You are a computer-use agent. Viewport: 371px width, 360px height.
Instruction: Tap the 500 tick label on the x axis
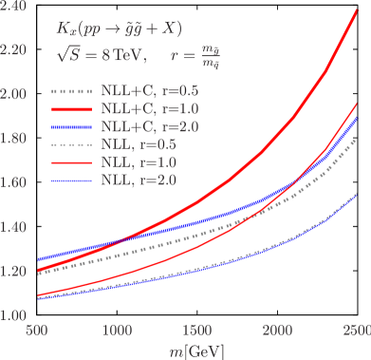(x=36, y=330)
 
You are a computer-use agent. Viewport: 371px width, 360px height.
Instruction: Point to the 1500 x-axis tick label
(x=195, y=330)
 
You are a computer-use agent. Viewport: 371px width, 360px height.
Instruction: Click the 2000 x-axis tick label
(x=275, y=330)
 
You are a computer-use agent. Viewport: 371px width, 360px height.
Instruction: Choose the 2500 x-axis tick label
(x=354, y=330)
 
